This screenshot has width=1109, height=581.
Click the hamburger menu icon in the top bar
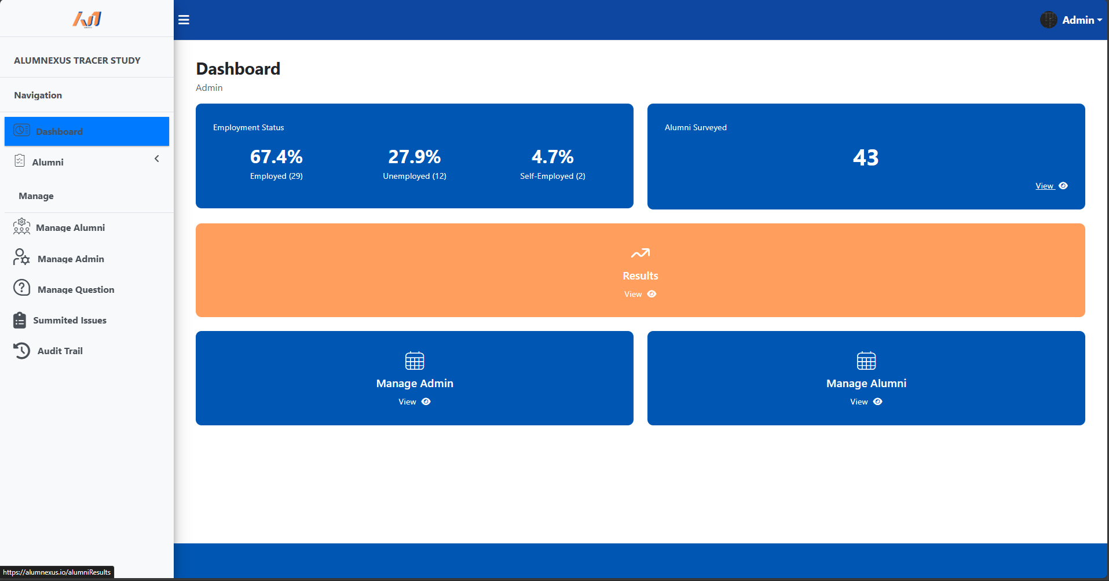point(184,20)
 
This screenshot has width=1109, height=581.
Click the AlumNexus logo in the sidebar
point(87,20)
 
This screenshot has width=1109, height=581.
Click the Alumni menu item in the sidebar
point(47,163)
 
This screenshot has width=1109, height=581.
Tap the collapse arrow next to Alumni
point(156,159)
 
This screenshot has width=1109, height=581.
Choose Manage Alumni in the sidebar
point(70,228)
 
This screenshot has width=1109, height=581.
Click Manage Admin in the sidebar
point(71,259)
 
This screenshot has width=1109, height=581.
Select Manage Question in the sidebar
point(75,290)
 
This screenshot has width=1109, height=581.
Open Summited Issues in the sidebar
point(69,321)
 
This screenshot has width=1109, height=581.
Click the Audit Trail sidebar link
point(60,351)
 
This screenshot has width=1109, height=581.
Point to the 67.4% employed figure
point(276,157)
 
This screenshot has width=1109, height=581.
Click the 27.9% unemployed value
point(414,157)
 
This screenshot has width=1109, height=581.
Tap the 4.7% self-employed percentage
point(552,157)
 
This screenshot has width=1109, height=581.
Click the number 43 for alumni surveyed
point(865,158)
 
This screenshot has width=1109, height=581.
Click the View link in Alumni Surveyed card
point(1045,186)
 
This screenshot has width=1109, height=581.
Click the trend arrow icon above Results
point(640,253)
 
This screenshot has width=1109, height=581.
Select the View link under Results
point(634,295)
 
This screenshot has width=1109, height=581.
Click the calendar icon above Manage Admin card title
point(415,361)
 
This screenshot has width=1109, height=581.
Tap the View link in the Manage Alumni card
point(859,402)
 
